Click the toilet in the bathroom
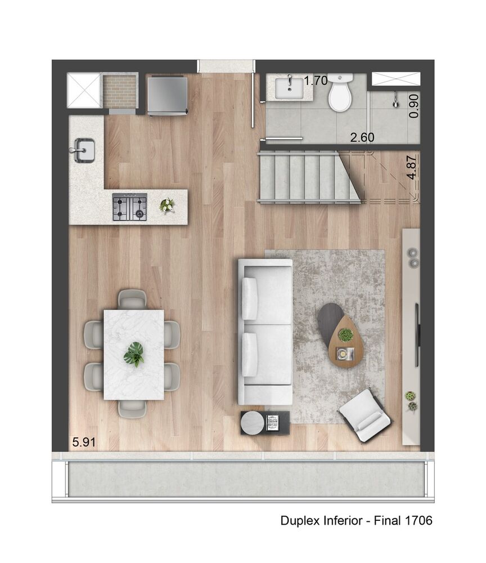pos(340,93)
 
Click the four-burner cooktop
pos(129,207)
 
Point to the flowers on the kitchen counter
pos(166,205)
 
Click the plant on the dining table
pos(134,354)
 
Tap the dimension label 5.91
pos(83,443)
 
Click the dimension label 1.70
pos(316,81)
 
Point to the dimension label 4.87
pos(413,167)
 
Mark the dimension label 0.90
pos(413,105)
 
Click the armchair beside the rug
pos(364,415)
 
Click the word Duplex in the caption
pos(299,521)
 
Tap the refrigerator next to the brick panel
pos(167,95)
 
